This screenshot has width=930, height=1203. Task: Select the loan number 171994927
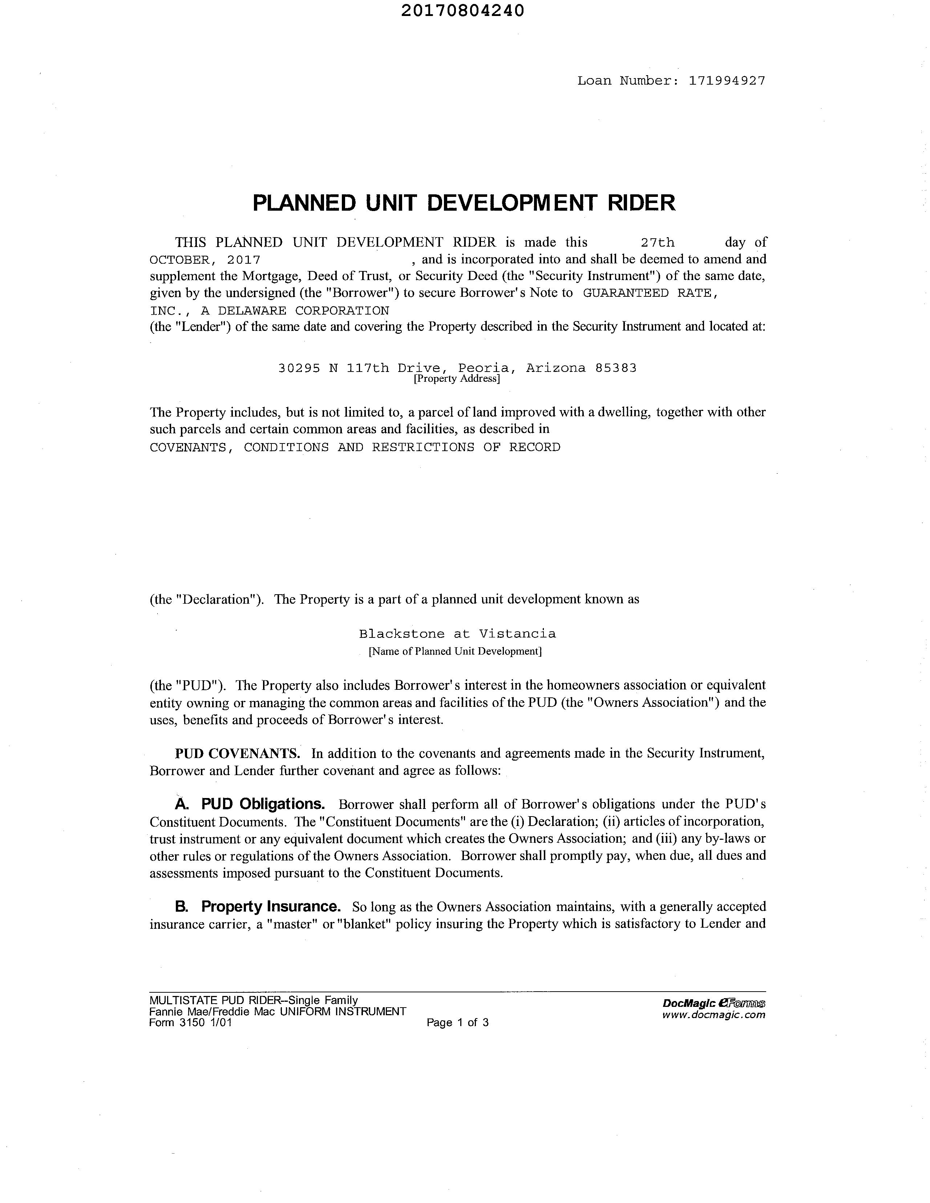(x=727, y=81)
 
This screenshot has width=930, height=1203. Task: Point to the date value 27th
(x=658, y=242)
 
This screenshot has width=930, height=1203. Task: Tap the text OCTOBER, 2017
(x=205, y=259)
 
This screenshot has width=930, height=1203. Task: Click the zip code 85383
(x=616, y=368)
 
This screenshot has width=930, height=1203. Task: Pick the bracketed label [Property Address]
(x=457, y=379)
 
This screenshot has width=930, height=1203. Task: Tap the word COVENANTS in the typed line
(x=188, y=447)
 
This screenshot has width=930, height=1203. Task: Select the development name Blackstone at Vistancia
(x=457, y=634)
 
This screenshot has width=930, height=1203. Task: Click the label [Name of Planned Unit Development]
(x=455, y=651)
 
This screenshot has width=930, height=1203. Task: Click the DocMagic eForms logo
(x=714, y=1004)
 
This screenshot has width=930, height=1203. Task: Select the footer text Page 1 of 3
(x=457, y=1023)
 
